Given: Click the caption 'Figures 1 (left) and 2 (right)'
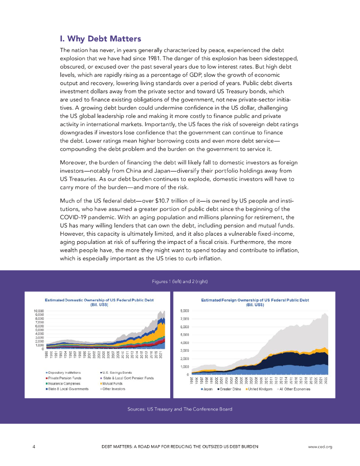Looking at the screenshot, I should click(180, 281).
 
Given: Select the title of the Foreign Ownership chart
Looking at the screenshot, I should click(255, 303).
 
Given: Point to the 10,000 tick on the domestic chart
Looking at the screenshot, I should click(39, 311).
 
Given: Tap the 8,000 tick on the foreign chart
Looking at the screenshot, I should click(184, 311).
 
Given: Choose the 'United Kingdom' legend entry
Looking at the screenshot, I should click(260, 389).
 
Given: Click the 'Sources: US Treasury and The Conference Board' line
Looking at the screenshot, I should click(180, 409).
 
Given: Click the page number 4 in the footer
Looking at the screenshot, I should click(34, 446).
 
